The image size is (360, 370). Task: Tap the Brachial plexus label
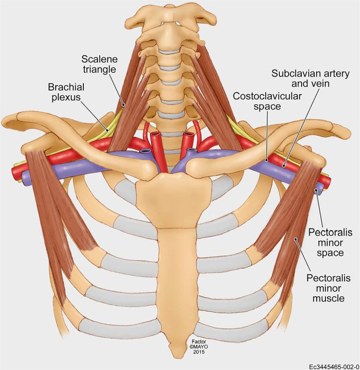64,92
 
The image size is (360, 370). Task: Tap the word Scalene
99,59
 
